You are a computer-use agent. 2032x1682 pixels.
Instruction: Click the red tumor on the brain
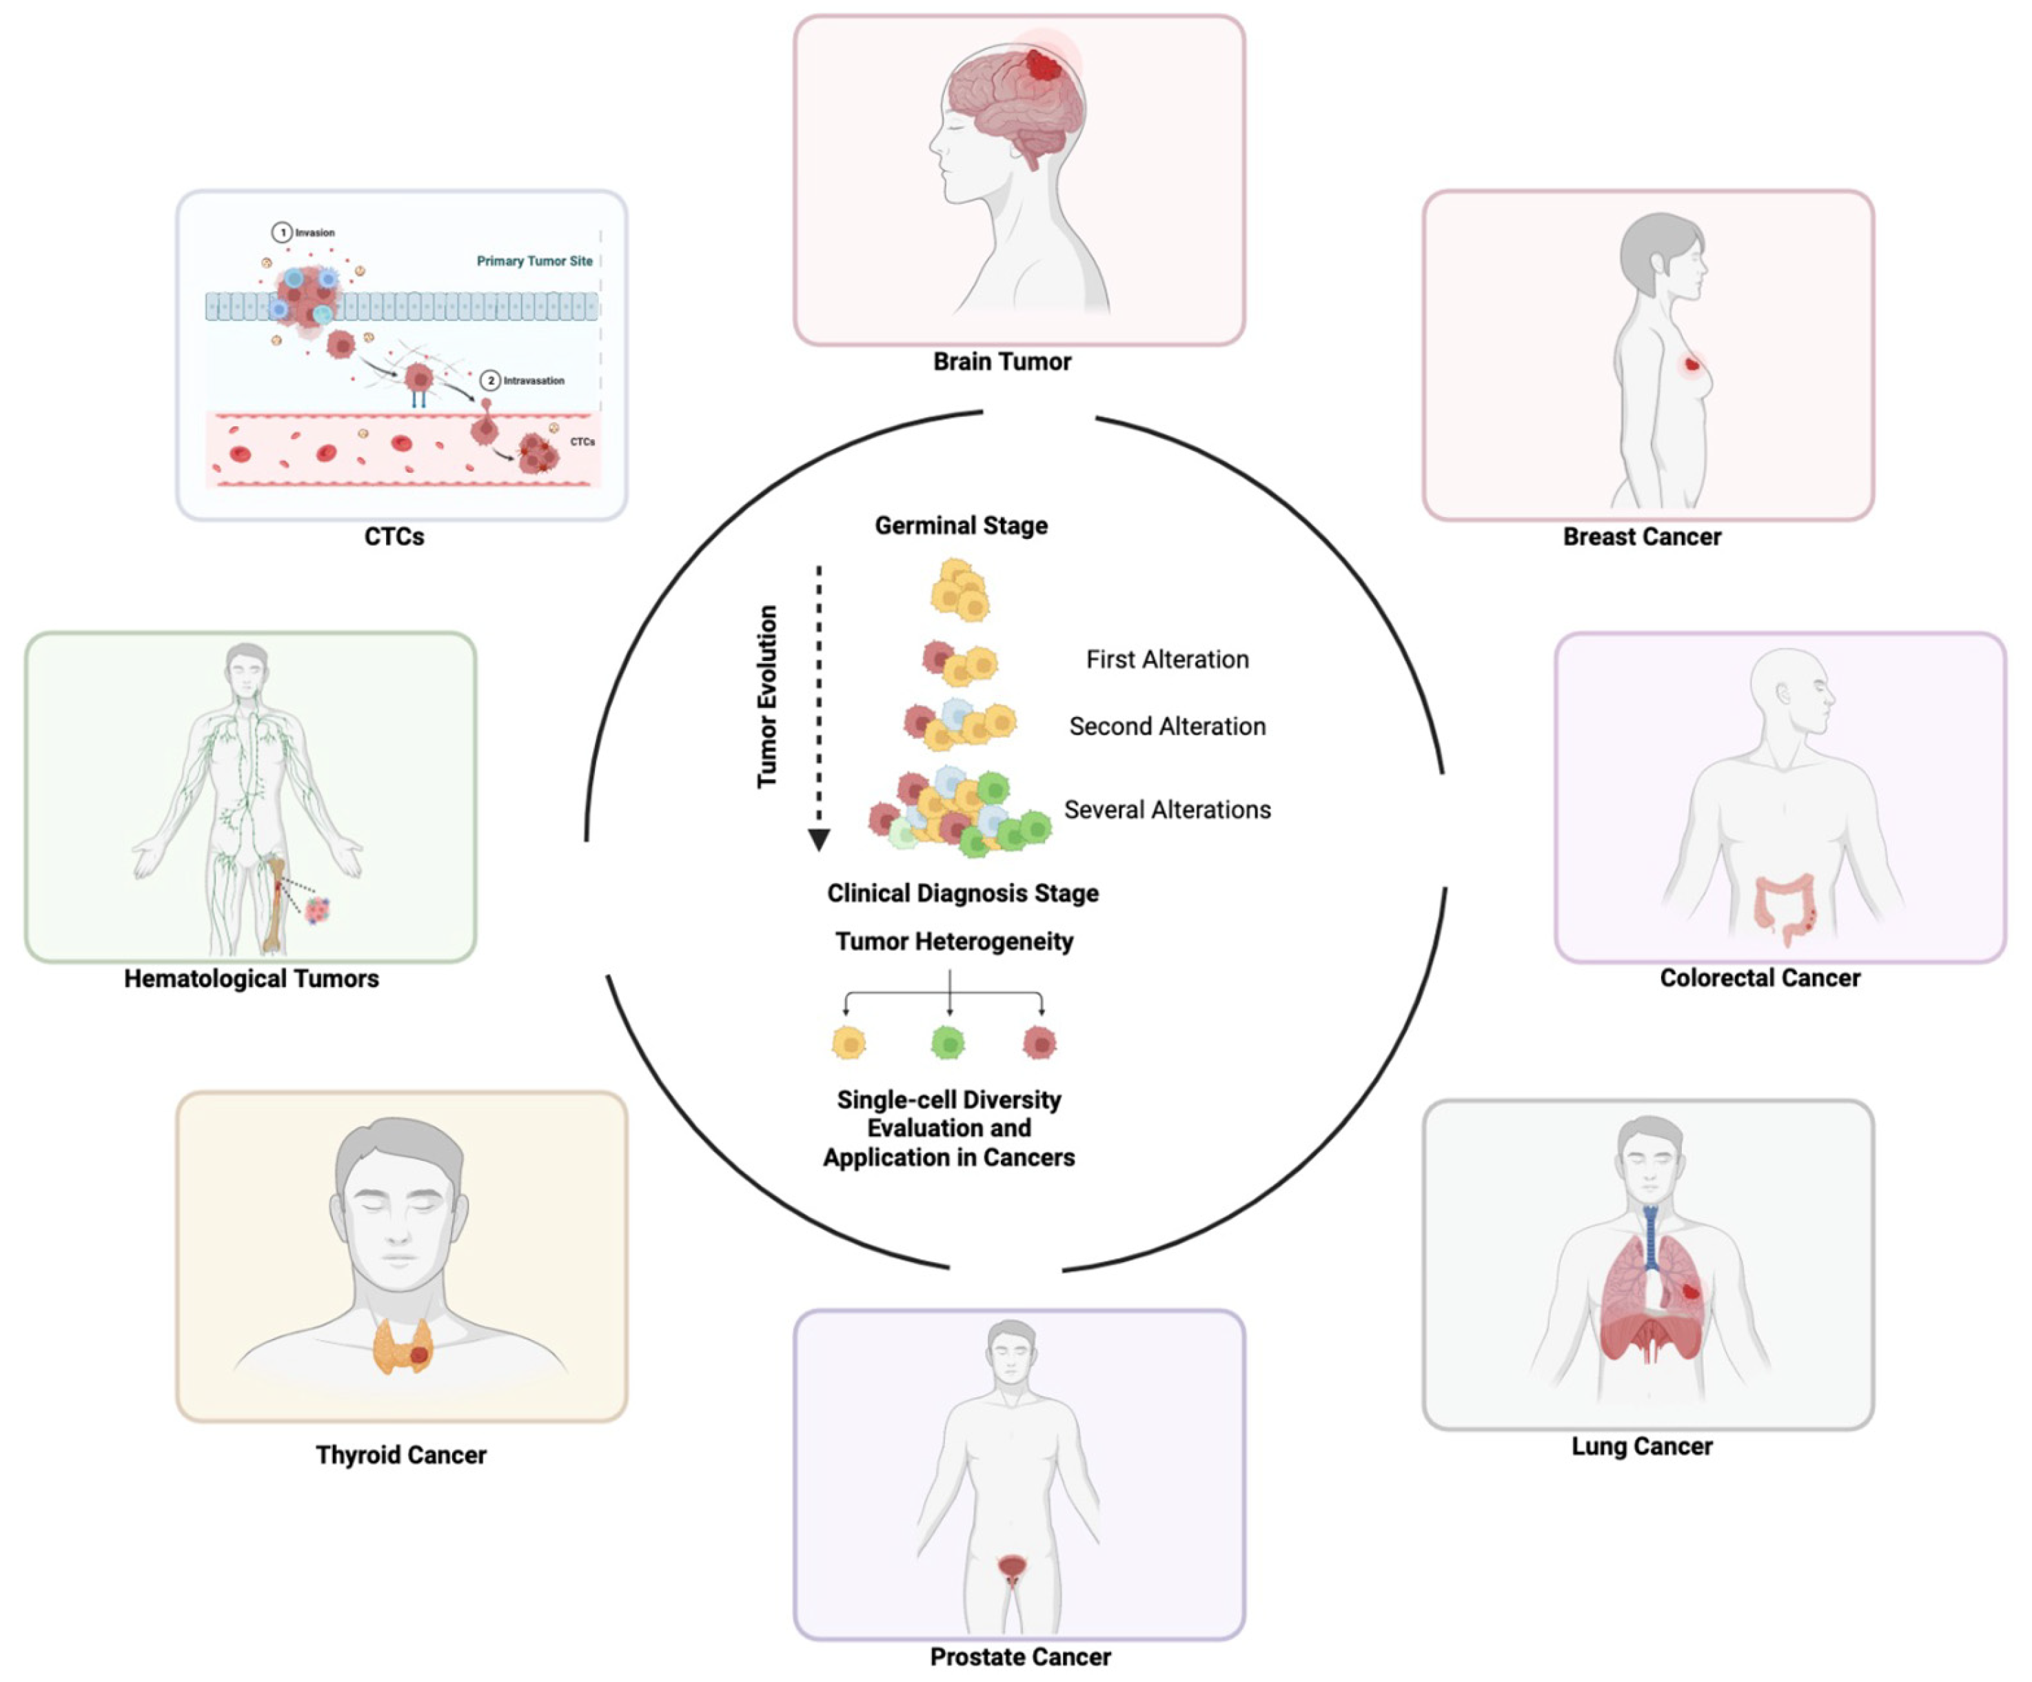pos(1043,65)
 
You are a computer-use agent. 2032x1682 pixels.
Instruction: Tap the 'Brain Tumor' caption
pos(1002,362)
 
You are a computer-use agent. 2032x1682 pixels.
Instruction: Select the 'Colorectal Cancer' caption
pos(1759,978)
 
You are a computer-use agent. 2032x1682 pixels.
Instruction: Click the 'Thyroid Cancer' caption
pos(400,1455)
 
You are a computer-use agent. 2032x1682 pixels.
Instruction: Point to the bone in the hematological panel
pos(276,905)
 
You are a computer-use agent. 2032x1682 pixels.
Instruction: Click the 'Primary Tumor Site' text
pos(534,261)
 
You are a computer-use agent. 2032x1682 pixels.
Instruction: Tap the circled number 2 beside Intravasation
pos(491,381)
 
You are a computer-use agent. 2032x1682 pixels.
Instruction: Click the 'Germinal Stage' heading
pos(961,525)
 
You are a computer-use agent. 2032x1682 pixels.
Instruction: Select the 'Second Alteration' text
pos(1167,727)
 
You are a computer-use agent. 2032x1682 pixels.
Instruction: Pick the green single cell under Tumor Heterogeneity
pos(947,1042)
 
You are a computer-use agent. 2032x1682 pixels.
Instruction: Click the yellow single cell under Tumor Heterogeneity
pos(849,1042)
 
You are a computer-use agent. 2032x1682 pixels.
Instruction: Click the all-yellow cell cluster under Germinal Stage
pos(959,589)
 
